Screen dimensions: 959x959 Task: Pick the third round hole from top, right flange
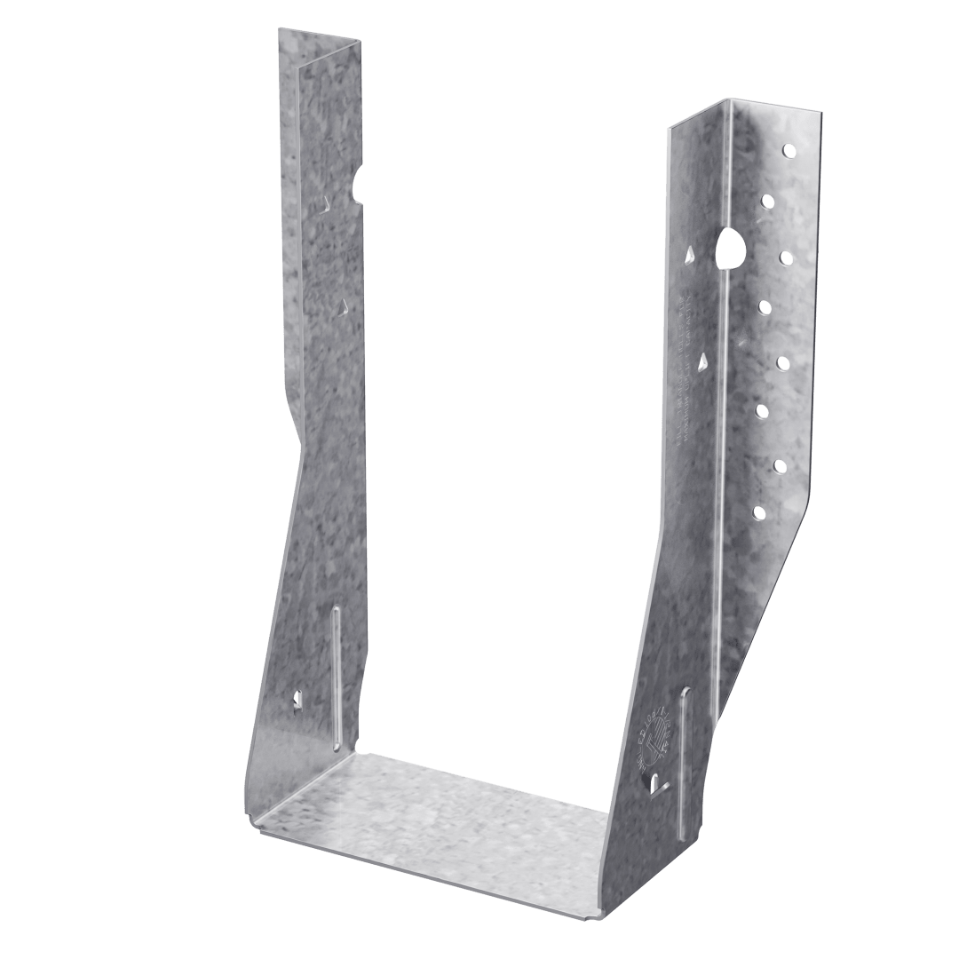(x=785, y=258)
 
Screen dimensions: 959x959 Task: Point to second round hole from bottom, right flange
(x=781, y=464)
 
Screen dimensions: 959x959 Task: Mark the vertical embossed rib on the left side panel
(x=337, y=675)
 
